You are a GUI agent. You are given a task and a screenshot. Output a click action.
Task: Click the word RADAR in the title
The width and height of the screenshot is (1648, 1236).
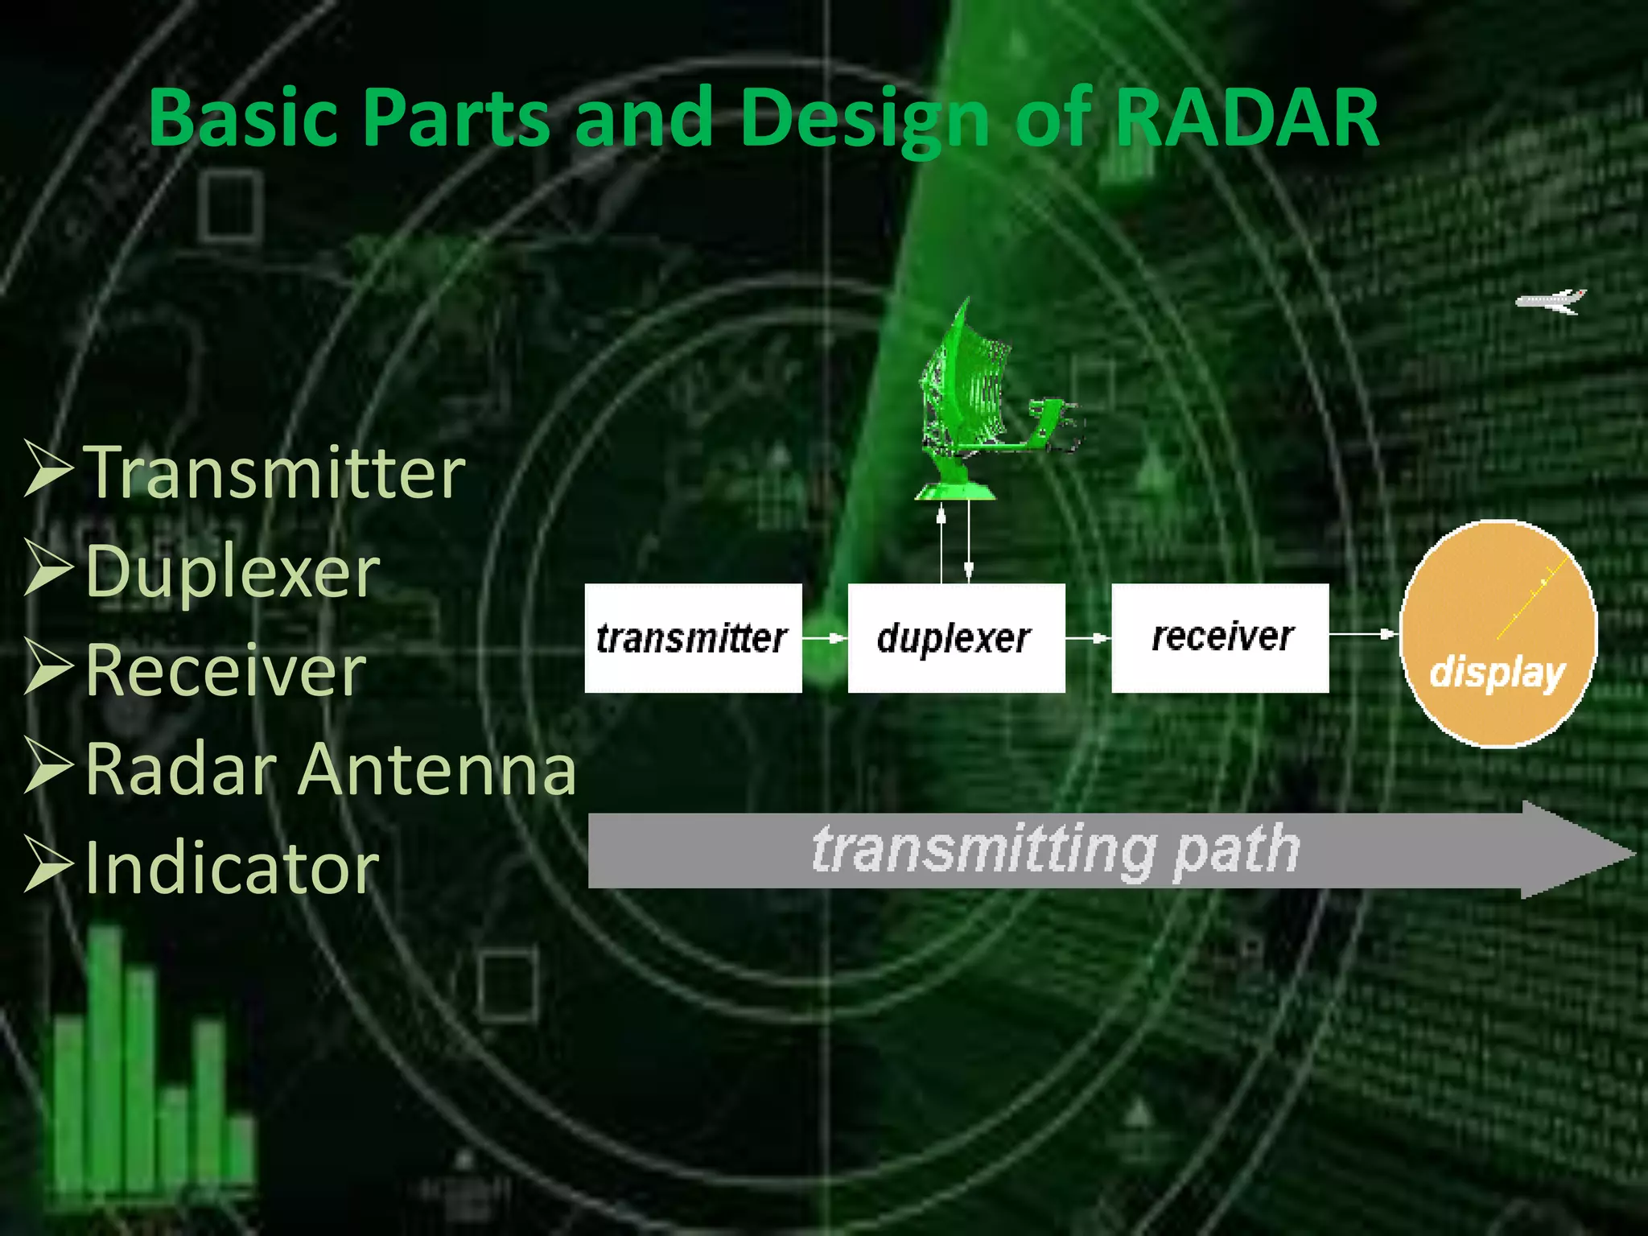point(1247,118)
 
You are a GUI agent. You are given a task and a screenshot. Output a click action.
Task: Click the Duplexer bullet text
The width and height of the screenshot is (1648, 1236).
point(233,571)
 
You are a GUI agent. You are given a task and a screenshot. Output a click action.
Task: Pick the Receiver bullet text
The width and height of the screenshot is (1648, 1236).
point(226,670)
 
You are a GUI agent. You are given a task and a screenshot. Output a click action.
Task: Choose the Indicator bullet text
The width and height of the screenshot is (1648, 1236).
point(232,867)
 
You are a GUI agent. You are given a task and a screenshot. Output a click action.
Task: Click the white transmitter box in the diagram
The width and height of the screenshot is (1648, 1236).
point(693,638)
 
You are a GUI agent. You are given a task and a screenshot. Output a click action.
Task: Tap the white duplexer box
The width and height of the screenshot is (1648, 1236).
point(956,638)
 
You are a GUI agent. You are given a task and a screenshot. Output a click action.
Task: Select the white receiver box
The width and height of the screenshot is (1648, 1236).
point(1220,638)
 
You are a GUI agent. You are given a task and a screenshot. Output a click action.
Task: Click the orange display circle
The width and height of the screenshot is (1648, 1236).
point(1498,634)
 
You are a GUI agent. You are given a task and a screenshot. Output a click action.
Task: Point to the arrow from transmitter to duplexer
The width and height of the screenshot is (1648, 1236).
point(825,638)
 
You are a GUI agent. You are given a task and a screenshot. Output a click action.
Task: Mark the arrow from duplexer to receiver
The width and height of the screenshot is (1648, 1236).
point(1088,638)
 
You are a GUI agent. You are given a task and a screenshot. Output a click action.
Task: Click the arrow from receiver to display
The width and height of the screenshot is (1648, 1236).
point(1363,634)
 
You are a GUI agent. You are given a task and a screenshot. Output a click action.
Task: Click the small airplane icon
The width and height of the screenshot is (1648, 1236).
point(1550,302)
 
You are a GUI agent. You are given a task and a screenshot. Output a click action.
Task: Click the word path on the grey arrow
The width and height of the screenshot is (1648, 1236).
point(1236,850)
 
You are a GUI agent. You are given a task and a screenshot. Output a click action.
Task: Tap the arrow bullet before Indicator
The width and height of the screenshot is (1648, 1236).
point(48,864)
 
